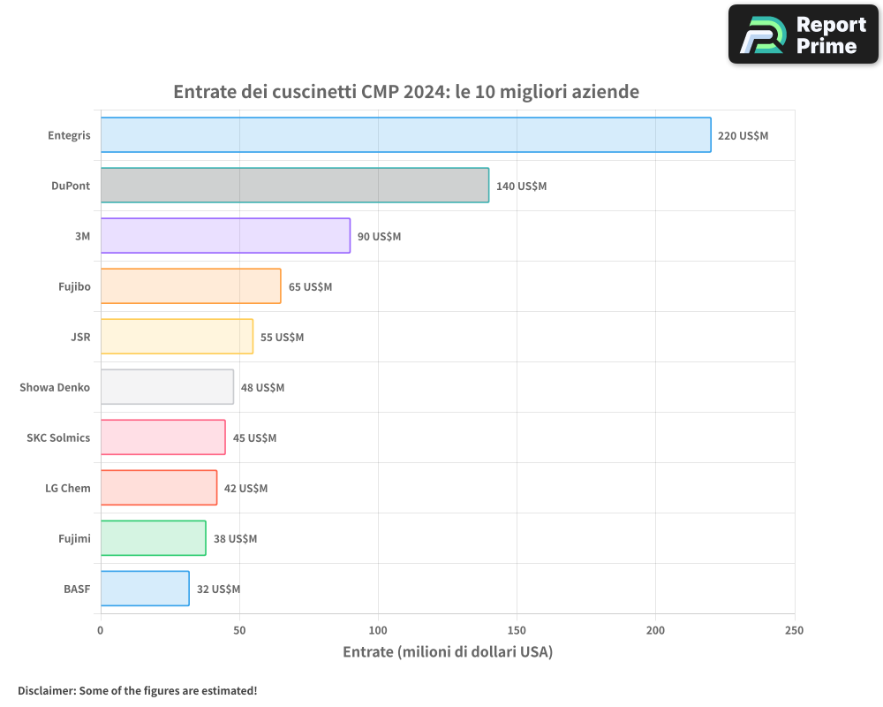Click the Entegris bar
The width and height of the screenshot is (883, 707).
pyautogui.click(x=405, y=135)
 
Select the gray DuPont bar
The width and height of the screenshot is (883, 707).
pyautogui.click(x=294, y=186)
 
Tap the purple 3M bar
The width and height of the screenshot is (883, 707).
pyautogui.click(x=225, y=236)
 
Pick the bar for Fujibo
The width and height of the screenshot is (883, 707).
pyautogui.click(x=191, y=286)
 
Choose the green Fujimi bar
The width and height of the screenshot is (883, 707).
pyautogui.click(x=153, y=538)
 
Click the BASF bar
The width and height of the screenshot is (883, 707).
pyautogui.click(x=145, y=589)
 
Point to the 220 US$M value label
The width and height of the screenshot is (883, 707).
pyautogui.click(x=743, y=136)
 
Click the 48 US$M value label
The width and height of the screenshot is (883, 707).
pyautogui.click(x=262, y=388)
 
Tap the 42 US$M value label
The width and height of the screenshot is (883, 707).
pyautogui.click(x=245, y=489)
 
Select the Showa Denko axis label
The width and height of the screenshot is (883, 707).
pyautogui.click(x=55, y=388)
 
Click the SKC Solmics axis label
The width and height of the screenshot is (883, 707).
pyautogui.click(x=58, y=438)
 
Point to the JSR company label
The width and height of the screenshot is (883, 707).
pyautogui.click(x=80, y=338)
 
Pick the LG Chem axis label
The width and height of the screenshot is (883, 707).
pyautogui.click(x=68, y=489)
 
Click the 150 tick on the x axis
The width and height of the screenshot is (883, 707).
pyautogui.click(x=517, y=630)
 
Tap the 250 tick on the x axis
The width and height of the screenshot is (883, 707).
pyautogui.click(x=794, y=630)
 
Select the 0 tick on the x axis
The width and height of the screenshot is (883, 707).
pyautogui.click(x=101, y=630)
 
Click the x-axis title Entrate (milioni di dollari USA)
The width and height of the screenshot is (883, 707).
pyautogui.click(x=447, y=652)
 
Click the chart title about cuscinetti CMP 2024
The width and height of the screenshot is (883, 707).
pyautogui.click(x=406, y=92)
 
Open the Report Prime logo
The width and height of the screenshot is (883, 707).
pyautogui.click(x=804, y=34)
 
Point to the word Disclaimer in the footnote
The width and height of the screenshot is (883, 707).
pyautogui.click(x=45, y=690)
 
